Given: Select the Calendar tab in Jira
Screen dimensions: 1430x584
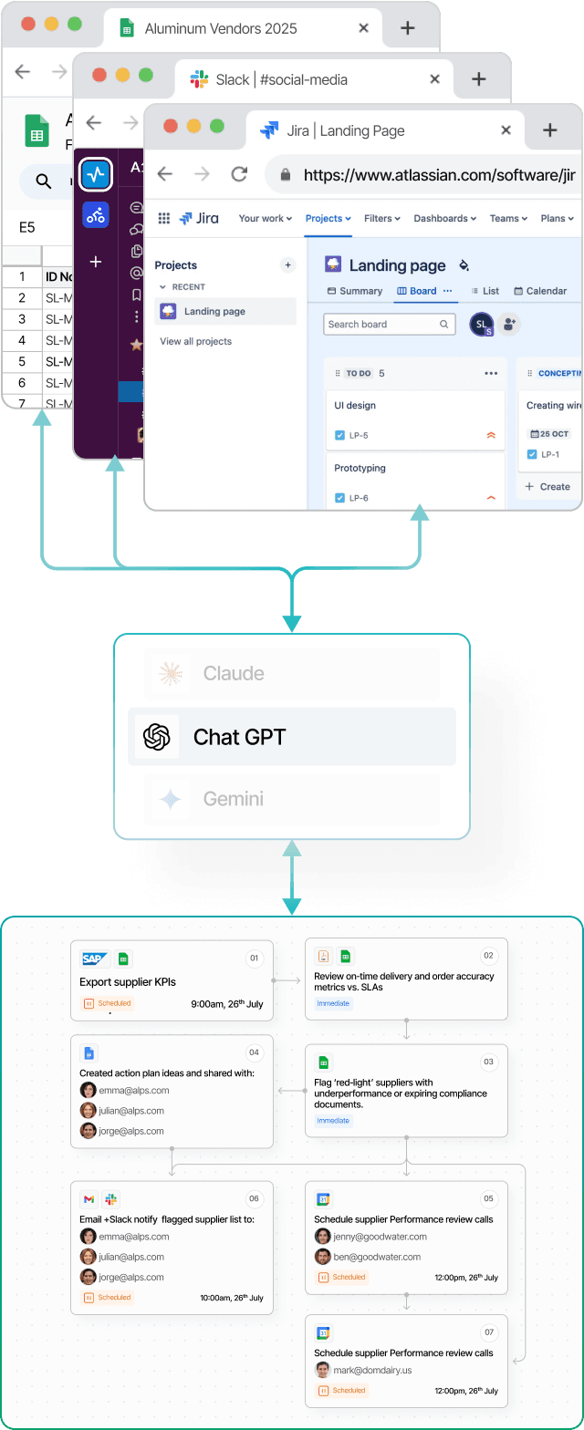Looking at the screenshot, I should pyautogui.click(x=540, y=291).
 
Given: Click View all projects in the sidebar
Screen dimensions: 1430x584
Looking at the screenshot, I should pyautogui.click(x=195, y=341).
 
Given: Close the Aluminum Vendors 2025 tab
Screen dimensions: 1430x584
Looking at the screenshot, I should pyautogui.click(x=363, y=28).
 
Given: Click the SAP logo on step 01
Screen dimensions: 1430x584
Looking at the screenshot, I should pyautogui.click(x=94, y=959).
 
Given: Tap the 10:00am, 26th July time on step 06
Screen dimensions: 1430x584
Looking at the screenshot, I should pyautogui.click(x=232, y=1298).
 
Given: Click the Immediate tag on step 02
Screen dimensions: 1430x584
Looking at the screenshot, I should pyautogui.click(x=332, y=1003).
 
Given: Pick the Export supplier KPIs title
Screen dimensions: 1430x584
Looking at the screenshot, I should pyautogui.click(x=128, y=982).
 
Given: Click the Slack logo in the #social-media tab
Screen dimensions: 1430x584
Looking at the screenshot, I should pyautogui.click(x=199, y=79).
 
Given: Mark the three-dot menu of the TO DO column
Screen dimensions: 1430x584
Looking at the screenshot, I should pyautogui.click(x=491, y=373).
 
